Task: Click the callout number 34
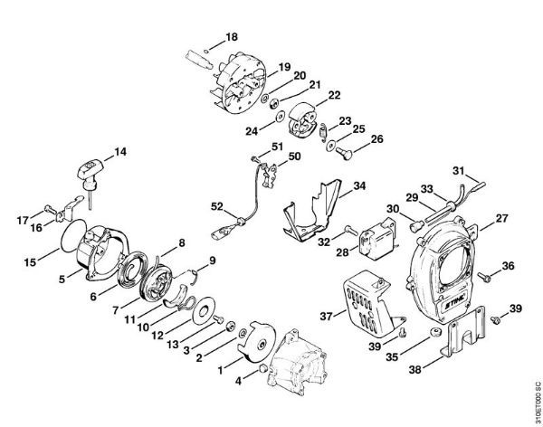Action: (x=359, y=185)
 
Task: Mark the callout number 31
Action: (x=459, y=170)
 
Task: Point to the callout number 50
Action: (x=293, y=157)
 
